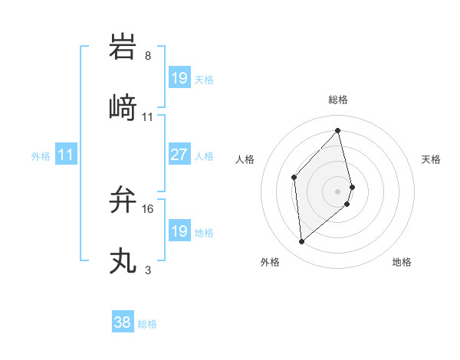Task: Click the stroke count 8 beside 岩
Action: [147, 56]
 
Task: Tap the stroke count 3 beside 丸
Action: [147, 270]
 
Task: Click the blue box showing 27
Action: [179, 155]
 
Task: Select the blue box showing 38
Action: [122, 323]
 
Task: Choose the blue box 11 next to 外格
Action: [66, 155]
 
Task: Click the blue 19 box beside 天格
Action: [179, 78]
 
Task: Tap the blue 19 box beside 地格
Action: [179, 231]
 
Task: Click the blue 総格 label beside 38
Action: [147, 324]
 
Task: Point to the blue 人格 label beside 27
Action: [204, 155]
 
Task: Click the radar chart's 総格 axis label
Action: [338, 100]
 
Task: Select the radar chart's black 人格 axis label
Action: [245, 159]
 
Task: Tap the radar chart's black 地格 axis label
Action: [402, 262]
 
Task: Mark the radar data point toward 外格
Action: [301, 242]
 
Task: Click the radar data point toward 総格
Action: [337, 130]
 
